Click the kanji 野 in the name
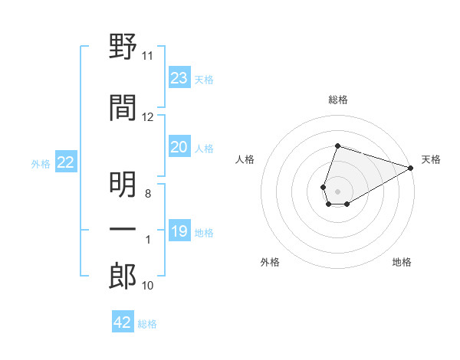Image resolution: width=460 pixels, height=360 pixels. (123, 46)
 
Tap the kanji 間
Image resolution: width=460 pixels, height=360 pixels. (123, 107)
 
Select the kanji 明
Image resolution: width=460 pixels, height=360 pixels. (123, 185)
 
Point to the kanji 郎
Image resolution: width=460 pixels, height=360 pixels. (123, 277)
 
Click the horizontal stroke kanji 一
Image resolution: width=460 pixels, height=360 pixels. (123, 229)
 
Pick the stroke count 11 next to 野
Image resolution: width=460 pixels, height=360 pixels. (147, 56)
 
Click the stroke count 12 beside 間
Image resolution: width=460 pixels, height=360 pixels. (147, 117)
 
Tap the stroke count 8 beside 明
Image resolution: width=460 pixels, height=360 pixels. (148, 194)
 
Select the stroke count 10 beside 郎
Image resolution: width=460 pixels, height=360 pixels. (147, 286)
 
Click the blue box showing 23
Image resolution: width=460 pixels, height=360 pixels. (179, 77)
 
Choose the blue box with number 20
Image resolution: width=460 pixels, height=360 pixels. (179, 146)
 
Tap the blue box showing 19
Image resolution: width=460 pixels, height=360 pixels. (179, 230)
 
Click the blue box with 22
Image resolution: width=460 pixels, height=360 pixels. (66, 162)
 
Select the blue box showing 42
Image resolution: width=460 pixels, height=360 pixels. (123, 321)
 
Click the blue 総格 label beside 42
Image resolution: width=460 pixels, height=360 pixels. (147, 324)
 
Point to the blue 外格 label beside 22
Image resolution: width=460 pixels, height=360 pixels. (41, 164)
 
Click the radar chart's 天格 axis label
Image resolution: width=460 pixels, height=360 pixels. (431, 159)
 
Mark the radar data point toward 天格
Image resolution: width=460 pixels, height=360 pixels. (411, 168)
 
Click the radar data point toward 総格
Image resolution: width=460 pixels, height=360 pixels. (337, 146)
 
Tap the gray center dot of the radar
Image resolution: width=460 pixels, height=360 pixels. (337, 191)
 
